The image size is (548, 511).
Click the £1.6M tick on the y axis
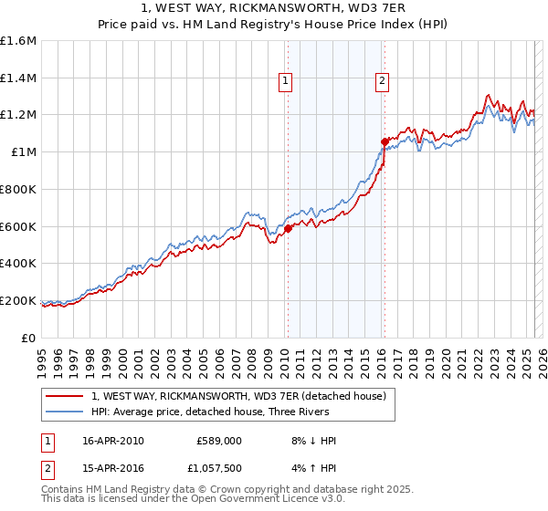[x=18, y=41]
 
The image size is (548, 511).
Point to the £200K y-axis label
[x=18, y=300]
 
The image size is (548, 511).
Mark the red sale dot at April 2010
[x=288, y=229]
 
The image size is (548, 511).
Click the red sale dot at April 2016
[x=385, y=141]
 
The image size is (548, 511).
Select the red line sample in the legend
[x=65, y=396]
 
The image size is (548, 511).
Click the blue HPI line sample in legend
[x=65, y=412]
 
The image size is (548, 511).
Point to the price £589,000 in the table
[x=218, y=441]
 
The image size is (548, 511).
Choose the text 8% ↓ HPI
[x=309, y=441]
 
